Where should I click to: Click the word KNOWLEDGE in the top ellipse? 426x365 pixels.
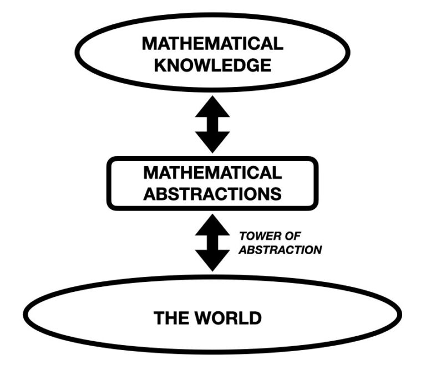pyautogui.click(x=212, y=65)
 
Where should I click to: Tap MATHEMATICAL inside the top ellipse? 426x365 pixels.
pyautogui.click(x=212, y=43)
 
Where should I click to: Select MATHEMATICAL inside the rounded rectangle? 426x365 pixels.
pyautogui.click(x=212, y=173)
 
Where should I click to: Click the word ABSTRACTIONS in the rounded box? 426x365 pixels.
pyautogui.click(x=212, y=194)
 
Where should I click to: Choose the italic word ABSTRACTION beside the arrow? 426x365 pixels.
pyautogui.click(x=280, y=250)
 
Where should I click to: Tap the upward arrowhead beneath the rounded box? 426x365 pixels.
pyautogui.click(x=212, y=224)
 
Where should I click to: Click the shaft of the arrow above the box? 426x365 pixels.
pyautogui.click(x=212, y=125)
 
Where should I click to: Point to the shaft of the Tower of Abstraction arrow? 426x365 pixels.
pyautogui.click(x=212, y=242)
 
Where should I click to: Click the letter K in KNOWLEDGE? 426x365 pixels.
pyautogui.click(x=161, y=65)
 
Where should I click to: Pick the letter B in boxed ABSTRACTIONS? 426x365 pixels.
pyautogui.click(x=160, y=194)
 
